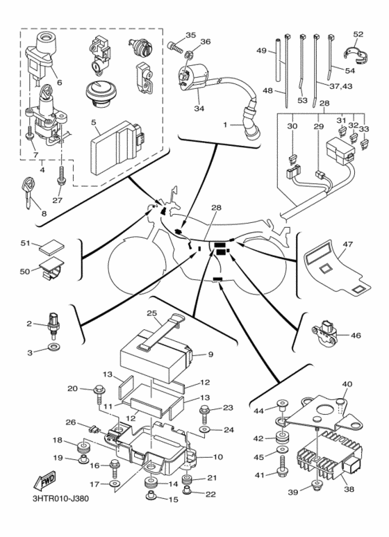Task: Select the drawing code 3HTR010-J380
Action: pos(60,497)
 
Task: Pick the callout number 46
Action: pos(356,336)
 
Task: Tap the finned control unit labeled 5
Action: pos(119,143)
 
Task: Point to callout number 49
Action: pos(261,51)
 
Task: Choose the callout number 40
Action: pos(347,383)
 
